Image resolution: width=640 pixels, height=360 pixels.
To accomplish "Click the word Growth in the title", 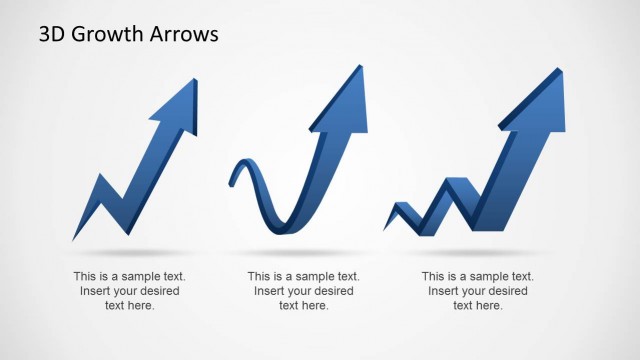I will pos(110,36).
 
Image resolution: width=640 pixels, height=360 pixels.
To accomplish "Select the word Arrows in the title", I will pos(184,35).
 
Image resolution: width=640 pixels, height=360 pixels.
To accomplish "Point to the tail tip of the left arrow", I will pos(75,238).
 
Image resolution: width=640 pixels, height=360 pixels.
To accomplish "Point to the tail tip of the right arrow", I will pos(386,228).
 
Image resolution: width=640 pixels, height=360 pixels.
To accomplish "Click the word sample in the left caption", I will pos(138,276).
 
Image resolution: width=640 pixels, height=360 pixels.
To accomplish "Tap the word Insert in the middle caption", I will pos(271,291).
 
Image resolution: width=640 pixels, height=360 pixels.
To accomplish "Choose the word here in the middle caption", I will pos(314,305).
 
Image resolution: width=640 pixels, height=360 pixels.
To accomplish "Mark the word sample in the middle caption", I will pos(312,276).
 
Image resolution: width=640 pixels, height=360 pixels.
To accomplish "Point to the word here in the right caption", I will pos(488,305).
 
